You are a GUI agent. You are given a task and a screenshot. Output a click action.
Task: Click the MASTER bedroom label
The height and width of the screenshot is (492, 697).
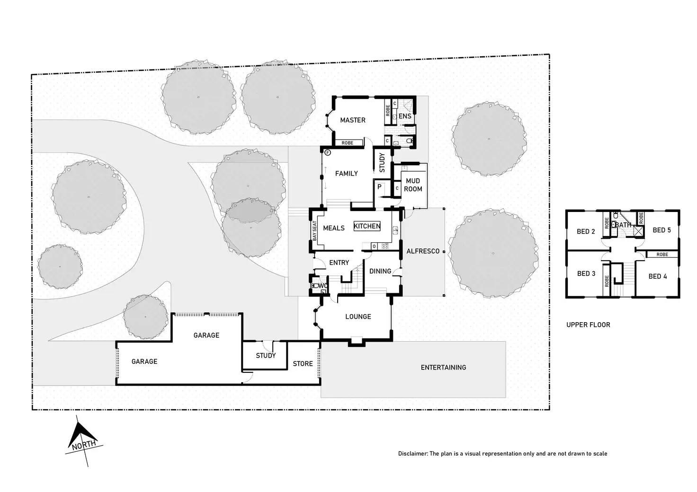pyautogui.click(x=353, y=120)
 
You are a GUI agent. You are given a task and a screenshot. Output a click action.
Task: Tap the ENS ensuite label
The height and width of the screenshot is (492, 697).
pyautogui.click(x=405, y=116)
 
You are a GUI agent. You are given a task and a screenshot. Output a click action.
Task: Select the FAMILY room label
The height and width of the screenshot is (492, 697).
pyautogui.click(x=346, y=174)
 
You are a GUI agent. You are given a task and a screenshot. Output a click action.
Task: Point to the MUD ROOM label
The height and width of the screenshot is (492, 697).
pyautogui.click(x=413, y=185)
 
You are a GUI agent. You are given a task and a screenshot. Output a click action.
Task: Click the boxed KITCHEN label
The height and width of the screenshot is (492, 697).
pyautogui.click(x=367, y=226)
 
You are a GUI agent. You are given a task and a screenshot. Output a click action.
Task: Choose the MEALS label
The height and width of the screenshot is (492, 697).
pyautogui.click(x=334, y=228)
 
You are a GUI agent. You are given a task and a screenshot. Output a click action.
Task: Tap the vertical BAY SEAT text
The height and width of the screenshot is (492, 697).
pyautogui.click(x=314, y=231)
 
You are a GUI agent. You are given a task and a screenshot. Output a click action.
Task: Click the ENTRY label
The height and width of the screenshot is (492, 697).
pyautogui.click(x=339, y=263)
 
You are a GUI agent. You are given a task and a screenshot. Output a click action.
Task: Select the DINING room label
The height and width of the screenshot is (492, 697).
pyautogui.click(x=380, y=271)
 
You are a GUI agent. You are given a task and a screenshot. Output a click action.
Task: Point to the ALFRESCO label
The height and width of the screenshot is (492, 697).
pyautogui.click(x=423, y=251)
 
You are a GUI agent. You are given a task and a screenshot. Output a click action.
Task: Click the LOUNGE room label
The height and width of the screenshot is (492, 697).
pyautogui.click(x=358, y=316)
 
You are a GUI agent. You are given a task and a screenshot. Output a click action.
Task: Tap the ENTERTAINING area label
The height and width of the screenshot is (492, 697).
pyautogui.click(x=443, y=367)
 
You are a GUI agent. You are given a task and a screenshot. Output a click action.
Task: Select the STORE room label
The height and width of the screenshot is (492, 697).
pyautogui.click(x=303, y=364)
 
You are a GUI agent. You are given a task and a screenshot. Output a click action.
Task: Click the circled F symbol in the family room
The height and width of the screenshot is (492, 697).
pyautogui.click(x=328, y=152)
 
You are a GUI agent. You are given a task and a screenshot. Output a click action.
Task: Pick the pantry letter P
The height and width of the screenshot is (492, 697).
pyautogui.click(x=379, y=187)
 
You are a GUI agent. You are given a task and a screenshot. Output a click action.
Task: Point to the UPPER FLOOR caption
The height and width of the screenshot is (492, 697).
pyautogui.click(x=588, y=325)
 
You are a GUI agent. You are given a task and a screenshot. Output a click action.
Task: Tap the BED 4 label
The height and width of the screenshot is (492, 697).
pyautogui.click(x=657, y=276)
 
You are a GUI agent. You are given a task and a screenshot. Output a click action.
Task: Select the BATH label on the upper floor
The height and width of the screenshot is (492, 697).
pyautogui.click(x=624, y=225)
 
